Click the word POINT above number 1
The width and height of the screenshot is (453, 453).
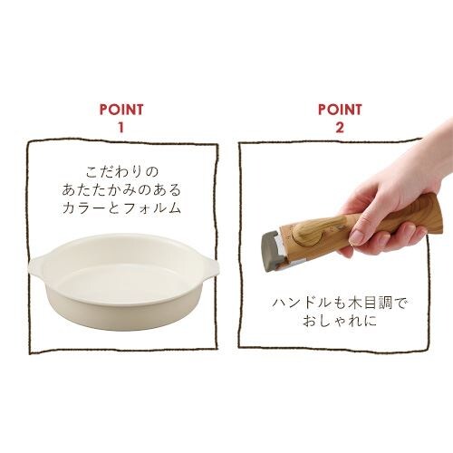[x=121, y=110]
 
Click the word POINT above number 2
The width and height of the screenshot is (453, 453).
[x=340, y=110]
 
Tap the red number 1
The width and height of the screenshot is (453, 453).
[x=121, y=128]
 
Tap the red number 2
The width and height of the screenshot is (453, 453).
[x=340, y=128]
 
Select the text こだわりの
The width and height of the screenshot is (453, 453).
[x=122, y=172]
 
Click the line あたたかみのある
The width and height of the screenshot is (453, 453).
[x=121, y=190]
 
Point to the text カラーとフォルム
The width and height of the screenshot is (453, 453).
[x=121, y=208]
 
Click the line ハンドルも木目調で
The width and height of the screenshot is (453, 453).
[x=340, y=303]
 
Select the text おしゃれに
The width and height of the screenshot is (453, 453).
[x=340, y=321]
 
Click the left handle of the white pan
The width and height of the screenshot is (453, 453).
[x=38, y=265]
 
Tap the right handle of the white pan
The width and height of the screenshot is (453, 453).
[x=207, y=266]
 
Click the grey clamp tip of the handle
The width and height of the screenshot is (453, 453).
[x=274, y=251]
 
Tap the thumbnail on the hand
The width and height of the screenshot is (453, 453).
[x=357, y=237]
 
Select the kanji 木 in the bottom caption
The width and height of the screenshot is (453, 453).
[x=354, y=303]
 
